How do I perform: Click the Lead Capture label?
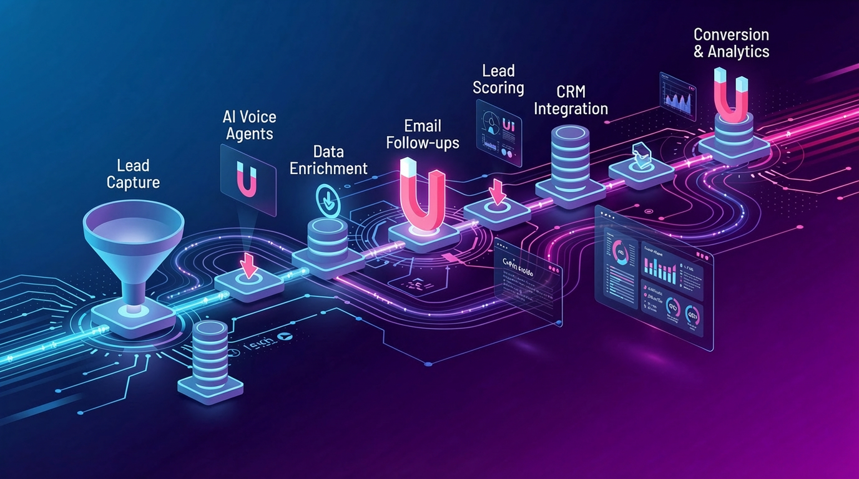pyautogui.click(x=133, y=174)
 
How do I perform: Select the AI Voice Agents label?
pyautogui.click(x=249, y=125)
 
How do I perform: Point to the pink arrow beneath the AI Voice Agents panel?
pyautogui.click(x=248, y=266)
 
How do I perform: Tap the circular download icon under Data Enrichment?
pyautogui.click(x=326, y=198)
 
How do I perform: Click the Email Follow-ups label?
pyautogui.click(x=423, y=134)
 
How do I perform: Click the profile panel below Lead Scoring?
pyautogui.click(x=498, y=133)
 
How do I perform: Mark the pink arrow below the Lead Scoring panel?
pyautogui.click(x=498, y=192)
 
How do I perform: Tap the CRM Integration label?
pyautogui.click(x=571, y=100)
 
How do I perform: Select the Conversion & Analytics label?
pyautogui.click(x=731, y=42)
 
